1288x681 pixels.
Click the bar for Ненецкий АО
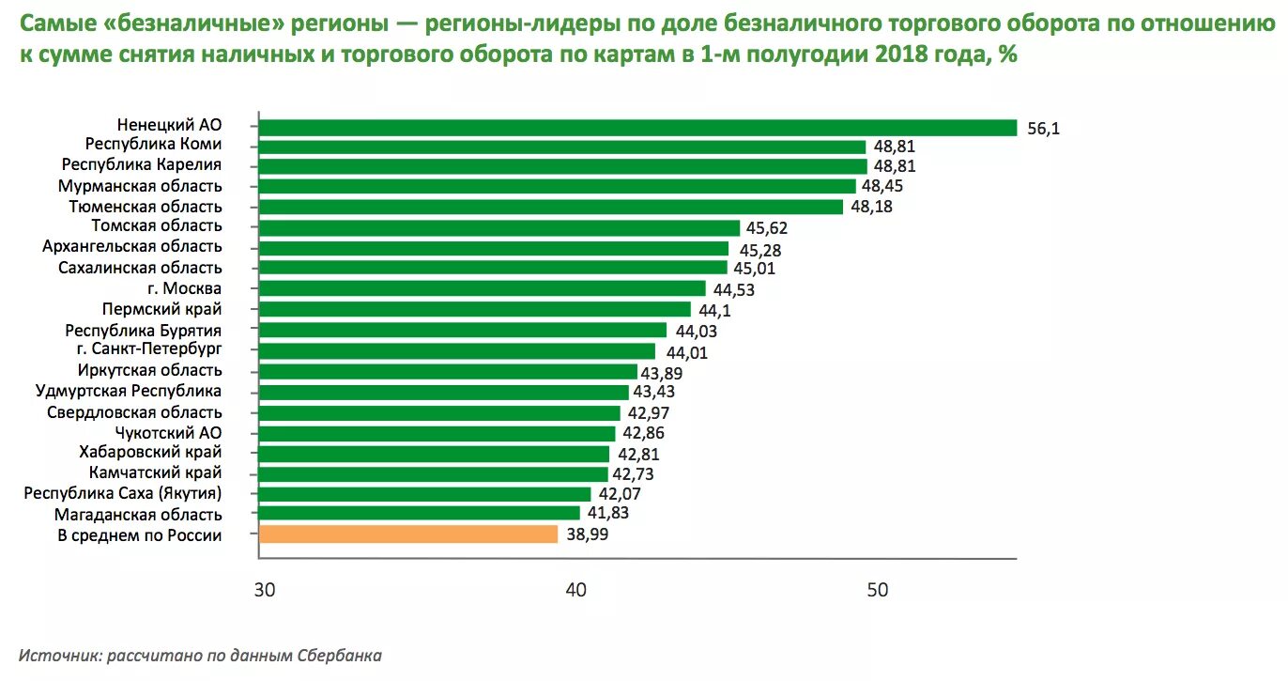[x=636, y=128]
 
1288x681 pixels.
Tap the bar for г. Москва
[x=482, y=288]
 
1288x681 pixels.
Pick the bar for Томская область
[x=498, y=227]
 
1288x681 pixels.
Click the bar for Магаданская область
[x=419, y=513]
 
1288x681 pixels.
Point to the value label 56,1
[x=1043, y=130]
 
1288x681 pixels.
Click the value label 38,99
[x=586, y=535]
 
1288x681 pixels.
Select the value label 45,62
[x=768, y=229]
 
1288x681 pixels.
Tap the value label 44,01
[x=686, y=353]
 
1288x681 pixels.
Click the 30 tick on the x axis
[x=264, y=590]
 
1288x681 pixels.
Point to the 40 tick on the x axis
[x=575, y=590]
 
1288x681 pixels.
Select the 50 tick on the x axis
[x=876, y=590]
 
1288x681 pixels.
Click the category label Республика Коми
[x=153, y=145]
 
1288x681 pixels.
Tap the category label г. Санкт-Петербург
[x=149, y=348]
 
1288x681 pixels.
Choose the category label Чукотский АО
[x=168, y=432]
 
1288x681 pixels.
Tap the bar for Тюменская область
[x=550, y=207]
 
